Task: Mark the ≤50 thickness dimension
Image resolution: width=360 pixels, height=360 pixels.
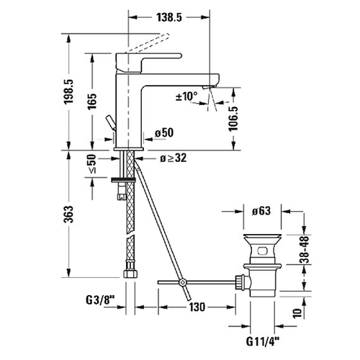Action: pos(92,165)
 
